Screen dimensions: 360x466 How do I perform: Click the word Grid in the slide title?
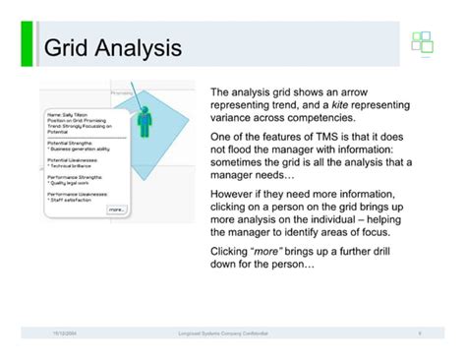click(x=66, y=48)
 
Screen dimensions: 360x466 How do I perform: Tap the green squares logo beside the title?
click(x=422, y=43)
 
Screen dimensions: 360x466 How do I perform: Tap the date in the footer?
click(x=67, y=334)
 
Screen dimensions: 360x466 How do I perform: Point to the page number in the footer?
click(x=420, y=334)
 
